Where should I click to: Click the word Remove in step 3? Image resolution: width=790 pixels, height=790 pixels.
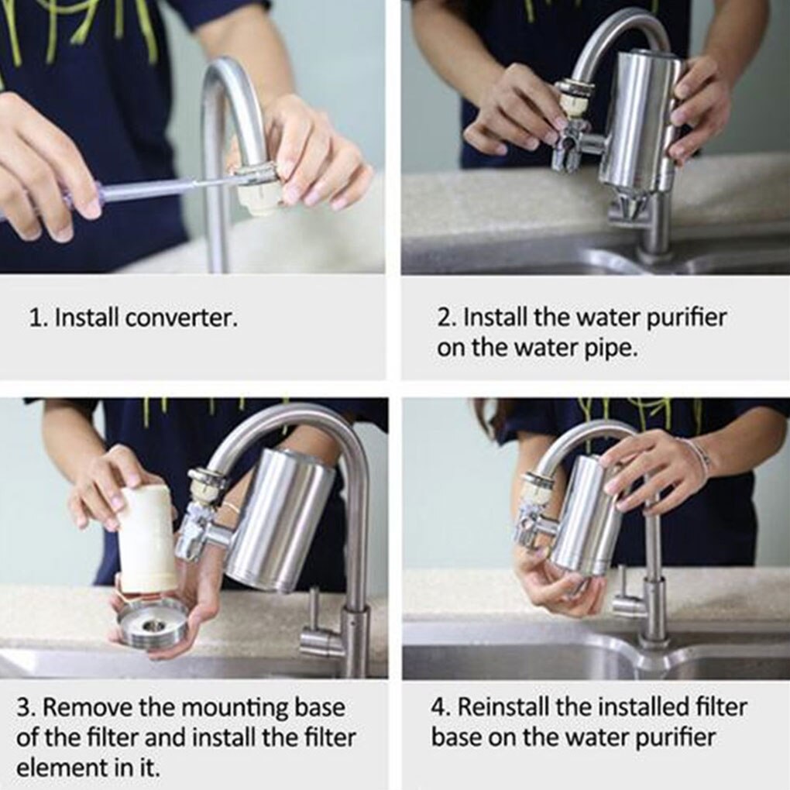[88, 708]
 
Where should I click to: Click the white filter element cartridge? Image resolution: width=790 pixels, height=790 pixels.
[146, 539]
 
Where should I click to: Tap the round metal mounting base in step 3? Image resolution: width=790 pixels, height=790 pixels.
[153, 623]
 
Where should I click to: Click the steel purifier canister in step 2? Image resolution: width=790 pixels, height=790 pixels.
[640, 120]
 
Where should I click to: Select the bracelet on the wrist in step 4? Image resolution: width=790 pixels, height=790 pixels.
[698, 457]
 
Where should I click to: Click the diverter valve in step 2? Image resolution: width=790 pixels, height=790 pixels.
[569, 143]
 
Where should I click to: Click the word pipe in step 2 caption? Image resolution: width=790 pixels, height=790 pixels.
[612, 349]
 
